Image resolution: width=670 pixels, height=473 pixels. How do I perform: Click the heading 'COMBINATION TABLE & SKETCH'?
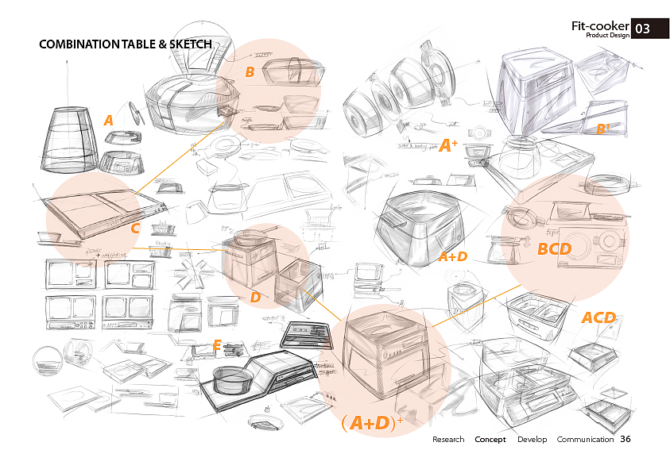(x=126, y=44)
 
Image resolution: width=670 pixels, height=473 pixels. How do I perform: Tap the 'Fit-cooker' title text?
(x=600, y=26)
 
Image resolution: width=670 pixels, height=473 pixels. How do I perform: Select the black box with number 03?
(x=642, y=29)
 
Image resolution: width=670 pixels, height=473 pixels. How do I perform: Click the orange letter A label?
(x=108, y=121)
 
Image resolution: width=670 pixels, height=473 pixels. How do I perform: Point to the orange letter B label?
(x=250, y=72)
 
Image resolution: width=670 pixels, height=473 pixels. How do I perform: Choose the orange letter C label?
(x=135, y=229)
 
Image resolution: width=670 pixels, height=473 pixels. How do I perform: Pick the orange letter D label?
(x=255, y=298)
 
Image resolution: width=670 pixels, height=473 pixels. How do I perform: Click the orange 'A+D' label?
(x=453, y=256)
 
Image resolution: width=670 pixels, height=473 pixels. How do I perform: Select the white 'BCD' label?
(x=554, y=249)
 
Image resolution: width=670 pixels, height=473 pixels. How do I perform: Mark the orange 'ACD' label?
(x=598, y=317)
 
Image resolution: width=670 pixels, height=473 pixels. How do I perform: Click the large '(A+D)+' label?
(x=371, y=423)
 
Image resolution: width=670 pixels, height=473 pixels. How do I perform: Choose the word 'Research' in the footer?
(x=448, y=440)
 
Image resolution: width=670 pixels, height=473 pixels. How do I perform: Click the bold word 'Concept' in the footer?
(x=490, y=440)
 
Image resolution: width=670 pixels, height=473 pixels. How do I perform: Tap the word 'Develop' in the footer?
(x=532, y=440)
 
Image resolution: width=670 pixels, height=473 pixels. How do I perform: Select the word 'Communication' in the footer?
(x=585, y=440)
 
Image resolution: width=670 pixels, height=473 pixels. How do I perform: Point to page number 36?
(x=625, y=439)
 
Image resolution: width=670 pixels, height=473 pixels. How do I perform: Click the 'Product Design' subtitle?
(x=607, y=36)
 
